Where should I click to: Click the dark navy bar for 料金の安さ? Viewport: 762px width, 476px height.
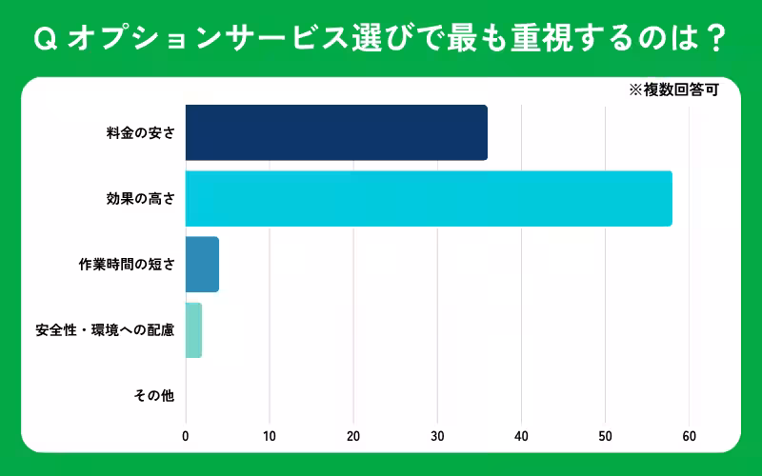336,132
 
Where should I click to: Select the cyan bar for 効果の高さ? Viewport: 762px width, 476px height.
429,198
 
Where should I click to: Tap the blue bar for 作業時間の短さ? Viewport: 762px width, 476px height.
202,264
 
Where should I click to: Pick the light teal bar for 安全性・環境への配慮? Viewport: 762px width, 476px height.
193,329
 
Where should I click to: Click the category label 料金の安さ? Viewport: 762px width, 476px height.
140,133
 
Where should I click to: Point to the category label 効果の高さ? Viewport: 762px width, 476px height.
140,199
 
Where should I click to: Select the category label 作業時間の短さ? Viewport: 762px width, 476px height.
127,265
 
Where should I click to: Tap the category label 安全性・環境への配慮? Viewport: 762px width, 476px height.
105,330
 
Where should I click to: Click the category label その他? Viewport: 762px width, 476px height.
154,395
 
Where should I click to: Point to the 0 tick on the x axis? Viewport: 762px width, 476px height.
186,436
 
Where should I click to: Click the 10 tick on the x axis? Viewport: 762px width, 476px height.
270,436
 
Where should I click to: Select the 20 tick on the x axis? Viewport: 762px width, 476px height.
353,436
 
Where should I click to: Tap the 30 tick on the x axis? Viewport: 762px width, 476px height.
437,436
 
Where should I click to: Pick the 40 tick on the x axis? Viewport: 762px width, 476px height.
521,436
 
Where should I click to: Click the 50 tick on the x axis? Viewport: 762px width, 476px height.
605,436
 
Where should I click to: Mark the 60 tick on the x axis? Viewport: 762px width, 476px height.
689,436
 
